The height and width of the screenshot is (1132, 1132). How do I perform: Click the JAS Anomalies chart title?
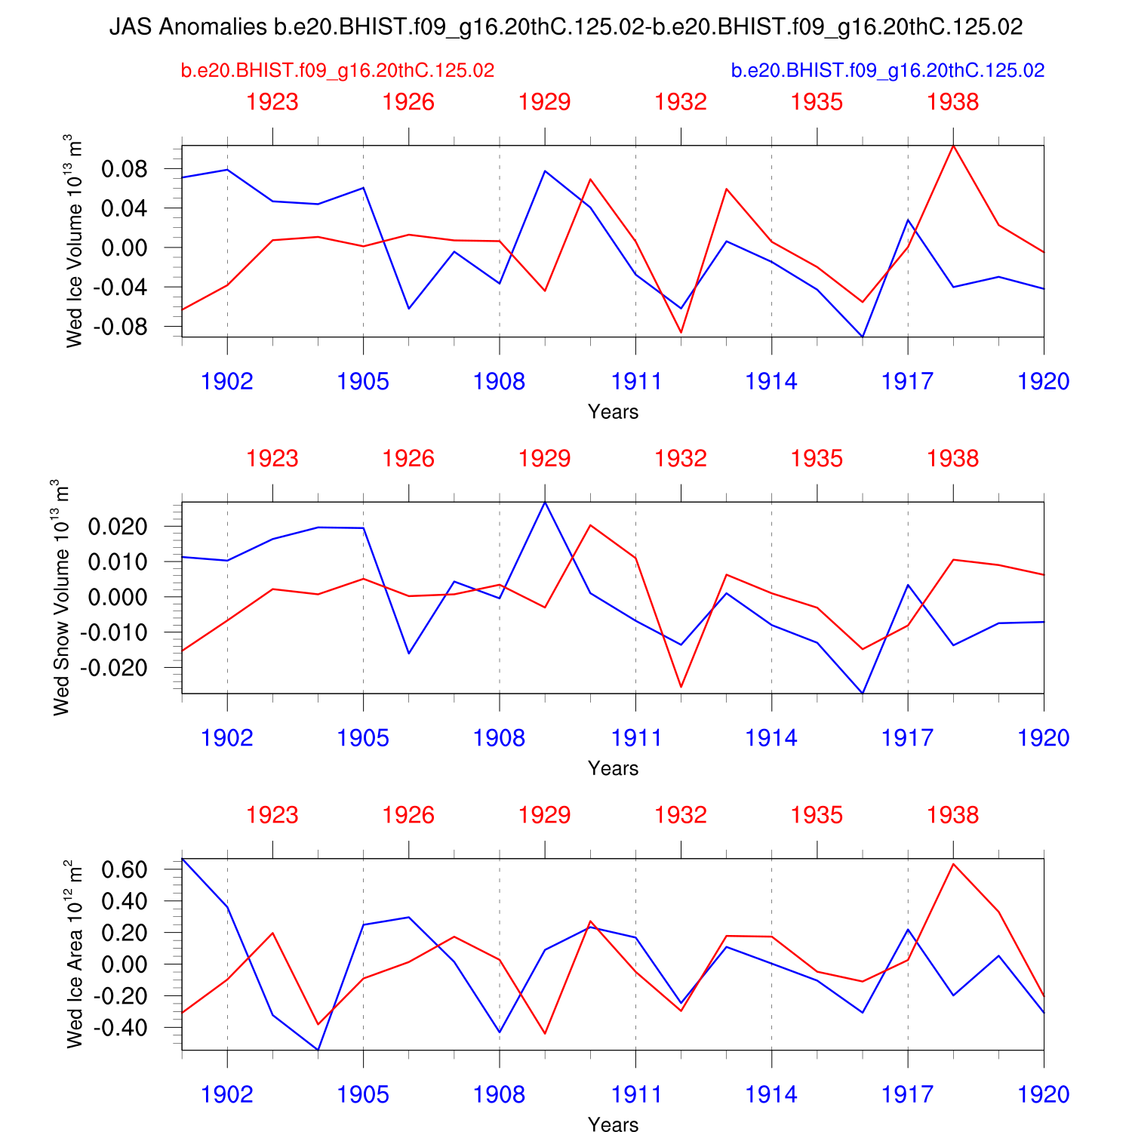click(566, 27)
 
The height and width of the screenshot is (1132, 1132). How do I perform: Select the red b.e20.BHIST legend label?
click(337, 71)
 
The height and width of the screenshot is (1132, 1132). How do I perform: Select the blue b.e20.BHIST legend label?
click(887, 71)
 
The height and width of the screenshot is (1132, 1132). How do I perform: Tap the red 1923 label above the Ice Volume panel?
click(272, 102)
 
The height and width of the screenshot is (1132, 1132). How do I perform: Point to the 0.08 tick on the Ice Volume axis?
click(124, 169)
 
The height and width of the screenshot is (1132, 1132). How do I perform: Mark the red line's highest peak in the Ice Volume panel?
click(953, 146)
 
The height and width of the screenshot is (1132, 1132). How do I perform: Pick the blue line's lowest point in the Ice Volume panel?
click(862, 337)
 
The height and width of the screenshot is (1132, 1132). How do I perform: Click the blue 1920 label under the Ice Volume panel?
click(1043, 382)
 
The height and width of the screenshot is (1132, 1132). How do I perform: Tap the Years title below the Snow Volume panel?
click(613, 768)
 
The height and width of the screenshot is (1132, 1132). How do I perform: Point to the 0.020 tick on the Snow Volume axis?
click(117, 527)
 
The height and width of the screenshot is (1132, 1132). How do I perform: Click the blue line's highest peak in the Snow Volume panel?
click(545, 503)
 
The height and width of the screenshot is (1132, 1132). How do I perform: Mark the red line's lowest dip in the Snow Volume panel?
click(681, 687)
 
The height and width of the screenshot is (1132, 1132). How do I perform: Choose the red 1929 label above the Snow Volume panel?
click(545, 459)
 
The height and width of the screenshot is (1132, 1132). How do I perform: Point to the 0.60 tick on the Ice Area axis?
click(124, 869)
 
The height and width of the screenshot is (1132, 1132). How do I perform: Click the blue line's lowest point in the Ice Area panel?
click(318, 1049)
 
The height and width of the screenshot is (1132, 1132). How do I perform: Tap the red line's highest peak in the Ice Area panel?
click(953, 864)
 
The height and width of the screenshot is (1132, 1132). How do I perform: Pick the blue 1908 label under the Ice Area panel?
click(499, 1095)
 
